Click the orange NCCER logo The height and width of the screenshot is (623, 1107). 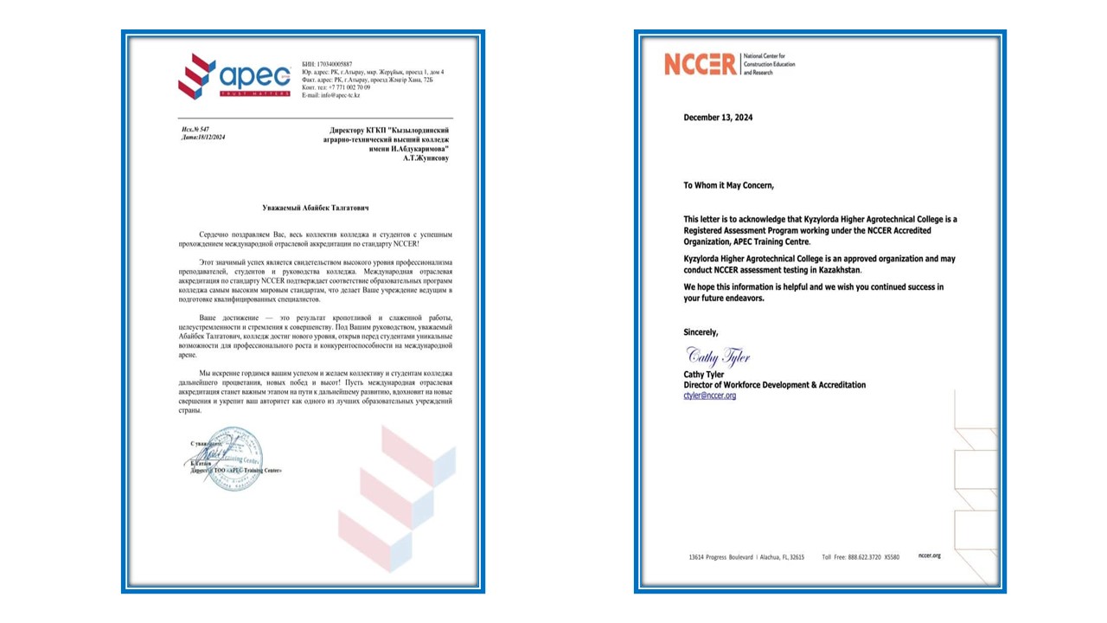click(701, 64)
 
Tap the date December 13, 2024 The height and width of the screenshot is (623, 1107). click(718, 118)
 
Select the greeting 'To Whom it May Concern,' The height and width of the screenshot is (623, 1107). click(728, 185)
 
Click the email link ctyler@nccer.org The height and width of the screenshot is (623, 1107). click(709, 395)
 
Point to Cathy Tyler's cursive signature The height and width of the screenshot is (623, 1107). click(717, 356)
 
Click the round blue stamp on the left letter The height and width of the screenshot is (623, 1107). click(234, 456)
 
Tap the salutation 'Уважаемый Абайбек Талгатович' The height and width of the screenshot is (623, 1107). click(315, 208)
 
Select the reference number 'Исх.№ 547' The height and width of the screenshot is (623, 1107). click(195, 130)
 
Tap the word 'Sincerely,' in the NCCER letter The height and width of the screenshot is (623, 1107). click(701, 332)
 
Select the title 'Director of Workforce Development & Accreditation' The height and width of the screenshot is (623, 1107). click(774, 385)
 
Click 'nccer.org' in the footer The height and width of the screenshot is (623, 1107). click(929, 556)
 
